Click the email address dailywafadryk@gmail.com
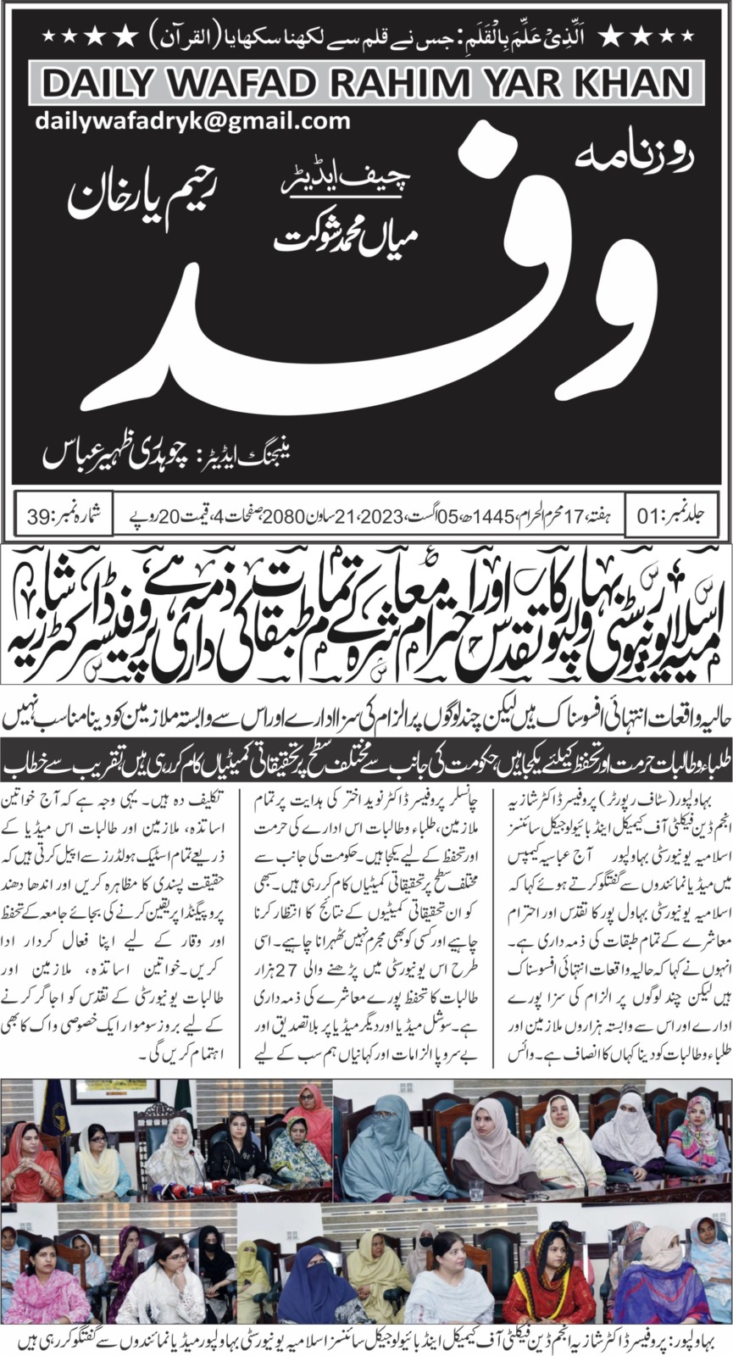tap(193, 120)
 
